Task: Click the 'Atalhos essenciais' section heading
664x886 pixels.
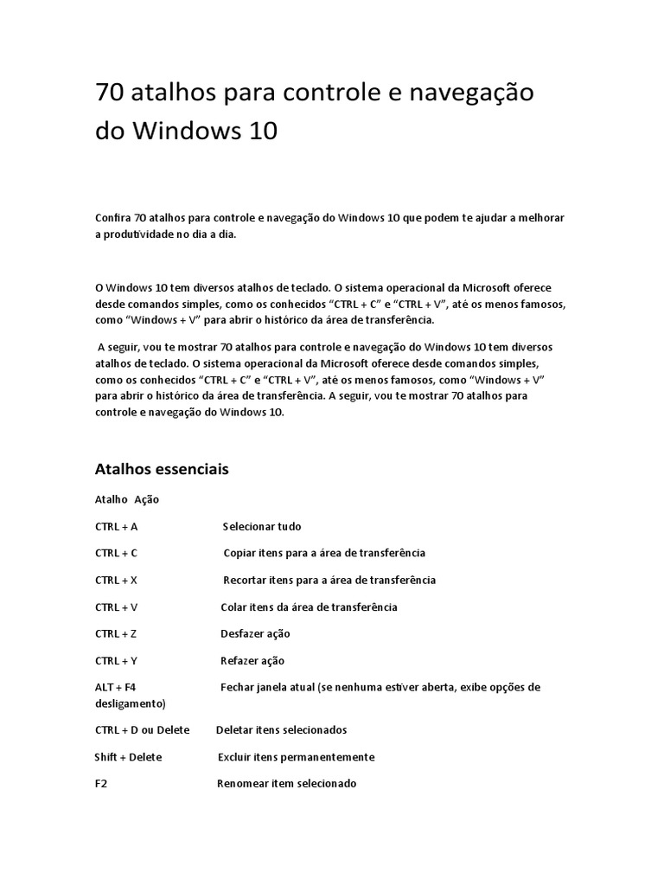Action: pyautogui.click(x=162, y=470)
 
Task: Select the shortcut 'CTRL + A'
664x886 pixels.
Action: pyautogui.click(x=117, y=526)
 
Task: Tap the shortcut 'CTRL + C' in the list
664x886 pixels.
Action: pyautogui.click(x=117, y=553)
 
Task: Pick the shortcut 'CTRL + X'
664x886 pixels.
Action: pyautogui.click(x=117, y=580)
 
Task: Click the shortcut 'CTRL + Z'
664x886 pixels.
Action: pyautogui.click(x=117, y=633)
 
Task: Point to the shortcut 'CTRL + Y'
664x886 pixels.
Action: pyautogui.click(x=117, y=660)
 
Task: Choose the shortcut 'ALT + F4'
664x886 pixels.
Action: pyautogui.click(x=116, y=687)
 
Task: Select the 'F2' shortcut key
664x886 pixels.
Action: pyautogui.click(x=101, y=783)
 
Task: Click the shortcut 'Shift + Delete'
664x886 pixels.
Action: pyautogui.click(x=128, y=757)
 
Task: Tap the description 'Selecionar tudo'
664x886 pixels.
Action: pyautogui.click(x=262, y=526)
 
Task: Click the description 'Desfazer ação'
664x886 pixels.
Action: pyautogui.click(x=256, y=633)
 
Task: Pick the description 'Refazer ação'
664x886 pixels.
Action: pyautogui.click(x=252, y=660)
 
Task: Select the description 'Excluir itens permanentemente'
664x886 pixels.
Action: pyautogui.click(x=296, y=757)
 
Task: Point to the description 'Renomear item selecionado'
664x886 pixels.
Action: pyautogui.click(x=285, y=783)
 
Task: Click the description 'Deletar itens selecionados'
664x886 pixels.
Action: pyautogui.click(x=281, y=729)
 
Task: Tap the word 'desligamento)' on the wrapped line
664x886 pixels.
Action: pyautogui.click(x=130, y=703)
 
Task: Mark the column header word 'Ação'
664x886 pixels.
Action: pyautogui.click(x=147, y=499)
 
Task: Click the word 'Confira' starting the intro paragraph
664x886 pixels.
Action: pyautogui.click(x=112, y=218)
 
